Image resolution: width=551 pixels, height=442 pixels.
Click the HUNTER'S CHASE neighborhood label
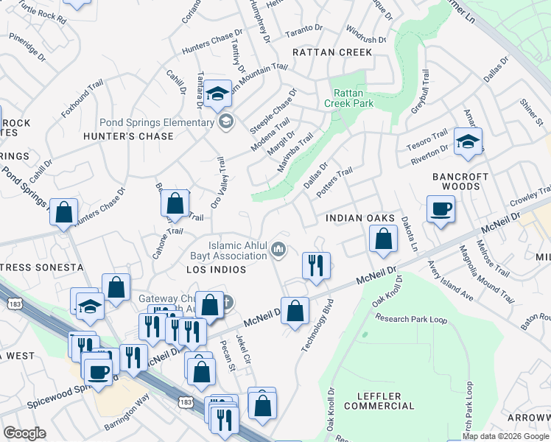128,136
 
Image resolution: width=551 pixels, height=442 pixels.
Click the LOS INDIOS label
216,270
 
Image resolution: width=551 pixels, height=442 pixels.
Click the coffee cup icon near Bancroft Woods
441,208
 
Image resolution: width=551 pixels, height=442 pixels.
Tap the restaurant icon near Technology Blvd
316,265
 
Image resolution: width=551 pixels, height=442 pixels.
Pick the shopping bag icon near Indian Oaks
382,239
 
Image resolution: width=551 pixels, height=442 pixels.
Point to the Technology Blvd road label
316,325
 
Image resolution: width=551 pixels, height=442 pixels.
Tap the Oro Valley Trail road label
217,182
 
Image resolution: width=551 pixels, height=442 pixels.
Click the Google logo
25,433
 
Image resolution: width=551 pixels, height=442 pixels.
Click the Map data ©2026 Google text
505,436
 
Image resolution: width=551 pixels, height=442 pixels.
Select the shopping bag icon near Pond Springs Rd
64,213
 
